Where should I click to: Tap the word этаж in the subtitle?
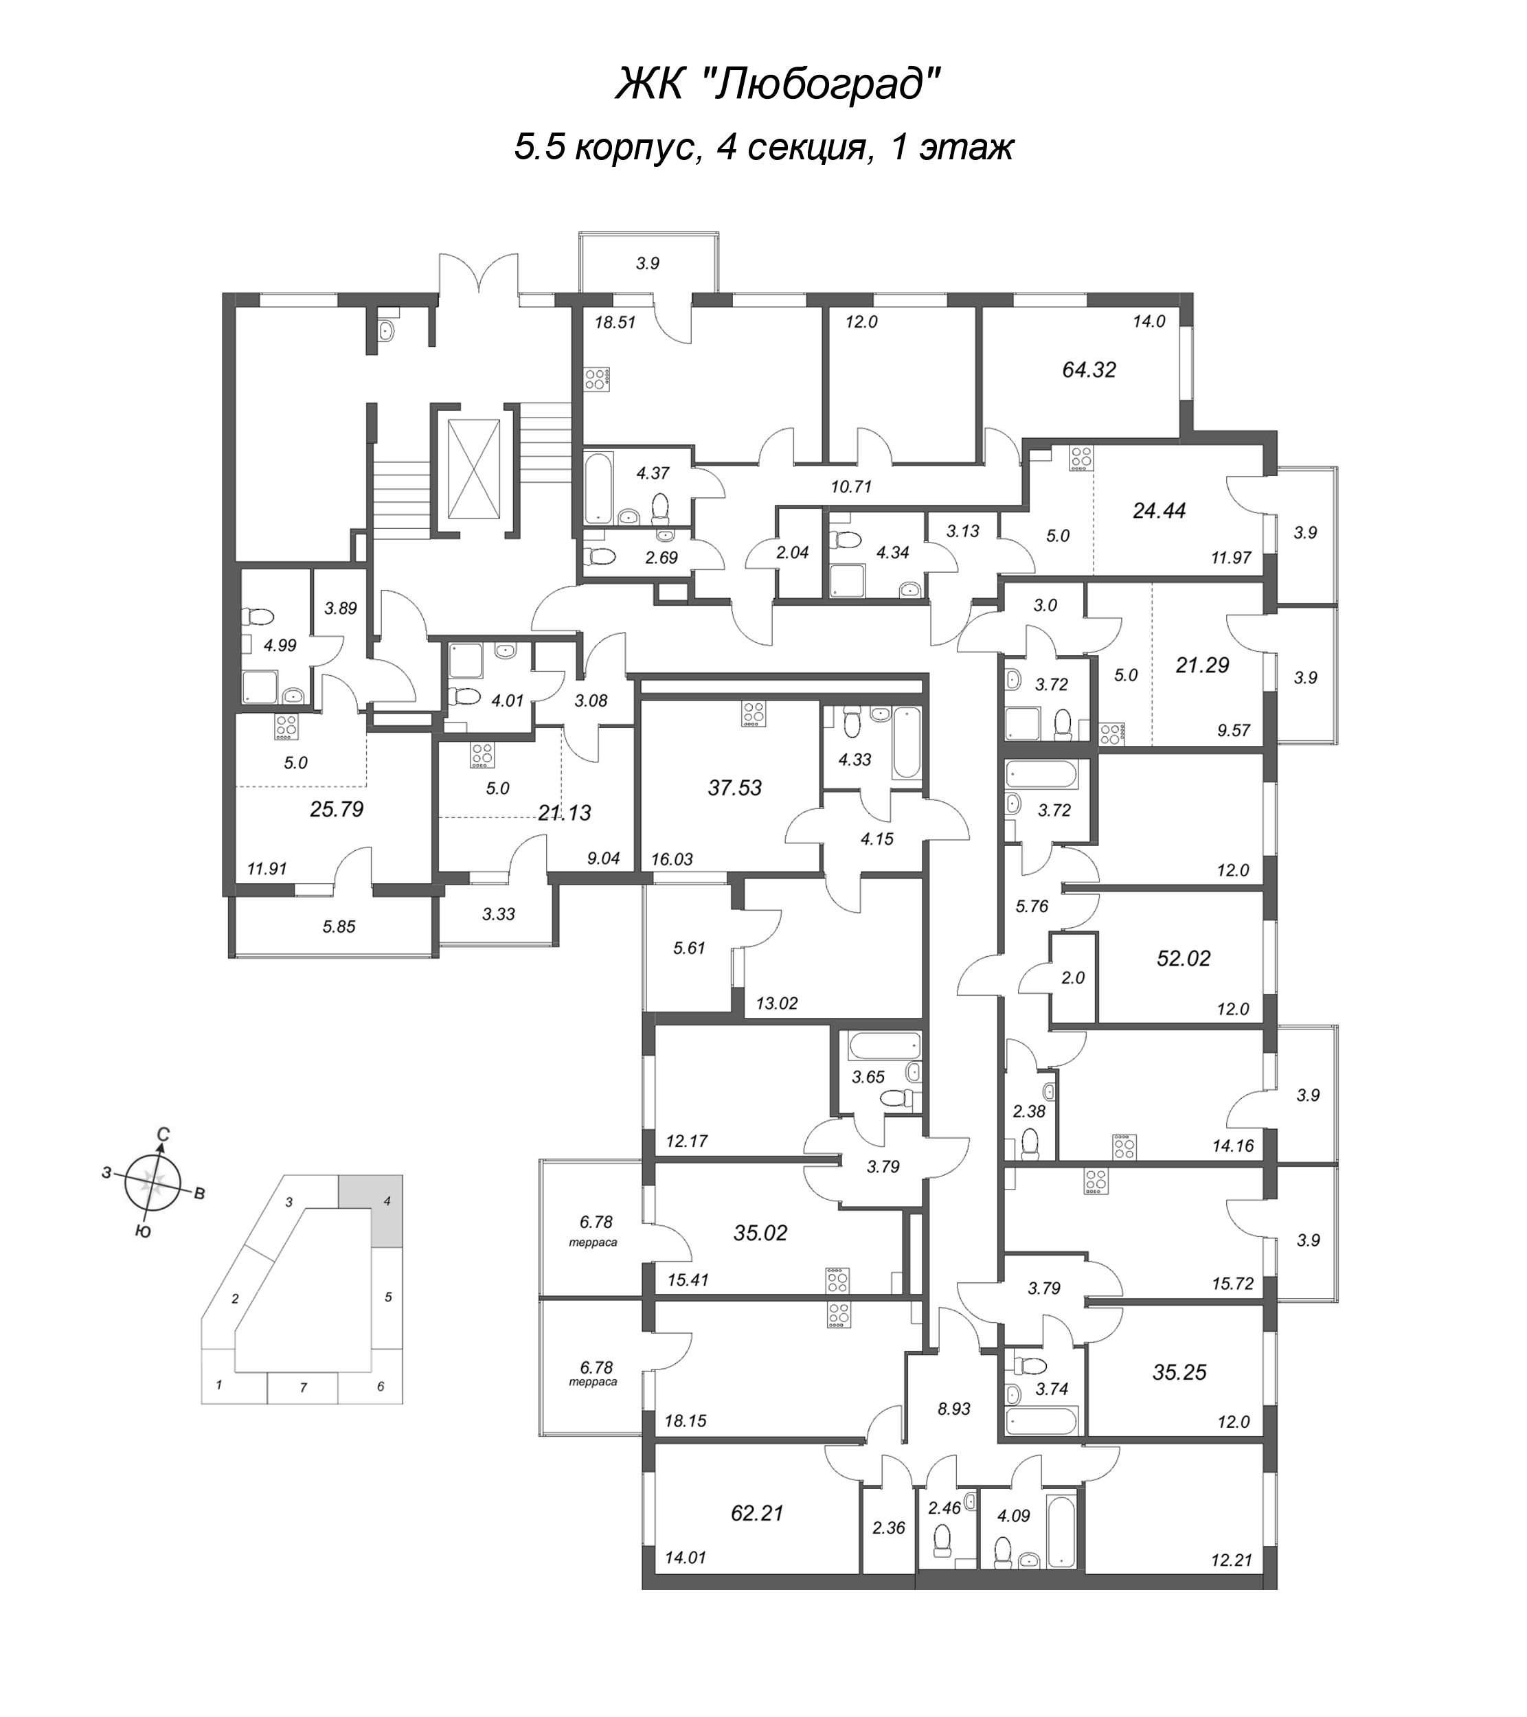click(966, 148)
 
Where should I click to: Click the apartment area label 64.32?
click(1089, 370)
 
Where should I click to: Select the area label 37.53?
click(735, 788)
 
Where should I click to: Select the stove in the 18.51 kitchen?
click(597, 379)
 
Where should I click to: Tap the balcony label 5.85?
click(339, 927)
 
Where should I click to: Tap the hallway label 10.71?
click(852, 486)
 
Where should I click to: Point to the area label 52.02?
click(1184, 959)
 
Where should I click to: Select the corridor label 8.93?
click(954, 1409)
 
